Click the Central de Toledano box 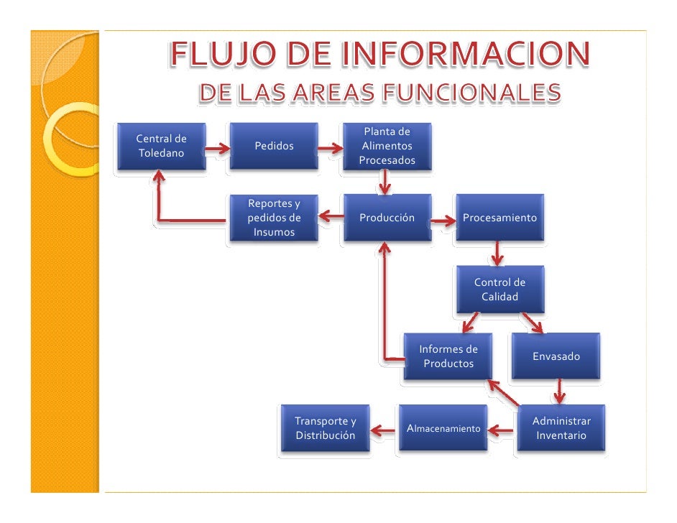(162, 146)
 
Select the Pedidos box (274, 146)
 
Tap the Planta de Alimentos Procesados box (387, 146)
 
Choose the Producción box (387, 217)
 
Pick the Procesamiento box (499, 217)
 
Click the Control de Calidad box (499, 289)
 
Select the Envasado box (556, 356)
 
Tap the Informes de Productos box (448, 356)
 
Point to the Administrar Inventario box (561, 428)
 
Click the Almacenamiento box (443, 428)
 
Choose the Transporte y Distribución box (325, 428)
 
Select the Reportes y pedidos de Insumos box (274, 217)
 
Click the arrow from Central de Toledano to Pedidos (217, 149)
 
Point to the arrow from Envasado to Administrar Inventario (559, 392)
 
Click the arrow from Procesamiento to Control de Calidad (497, 253)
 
